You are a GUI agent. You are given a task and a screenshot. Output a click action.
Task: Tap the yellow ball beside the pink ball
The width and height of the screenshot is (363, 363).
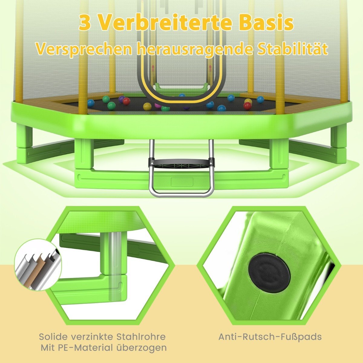pyautogui.click(x=147, y=106)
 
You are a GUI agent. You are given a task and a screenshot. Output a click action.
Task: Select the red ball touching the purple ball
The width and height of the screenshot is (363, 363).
pyautogui.click(x=126, y=101)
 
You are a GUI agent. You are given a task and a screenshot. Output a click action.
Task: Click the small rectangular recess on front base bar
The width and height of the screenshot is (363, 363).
pyautogui.click(x=181, y=182)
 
